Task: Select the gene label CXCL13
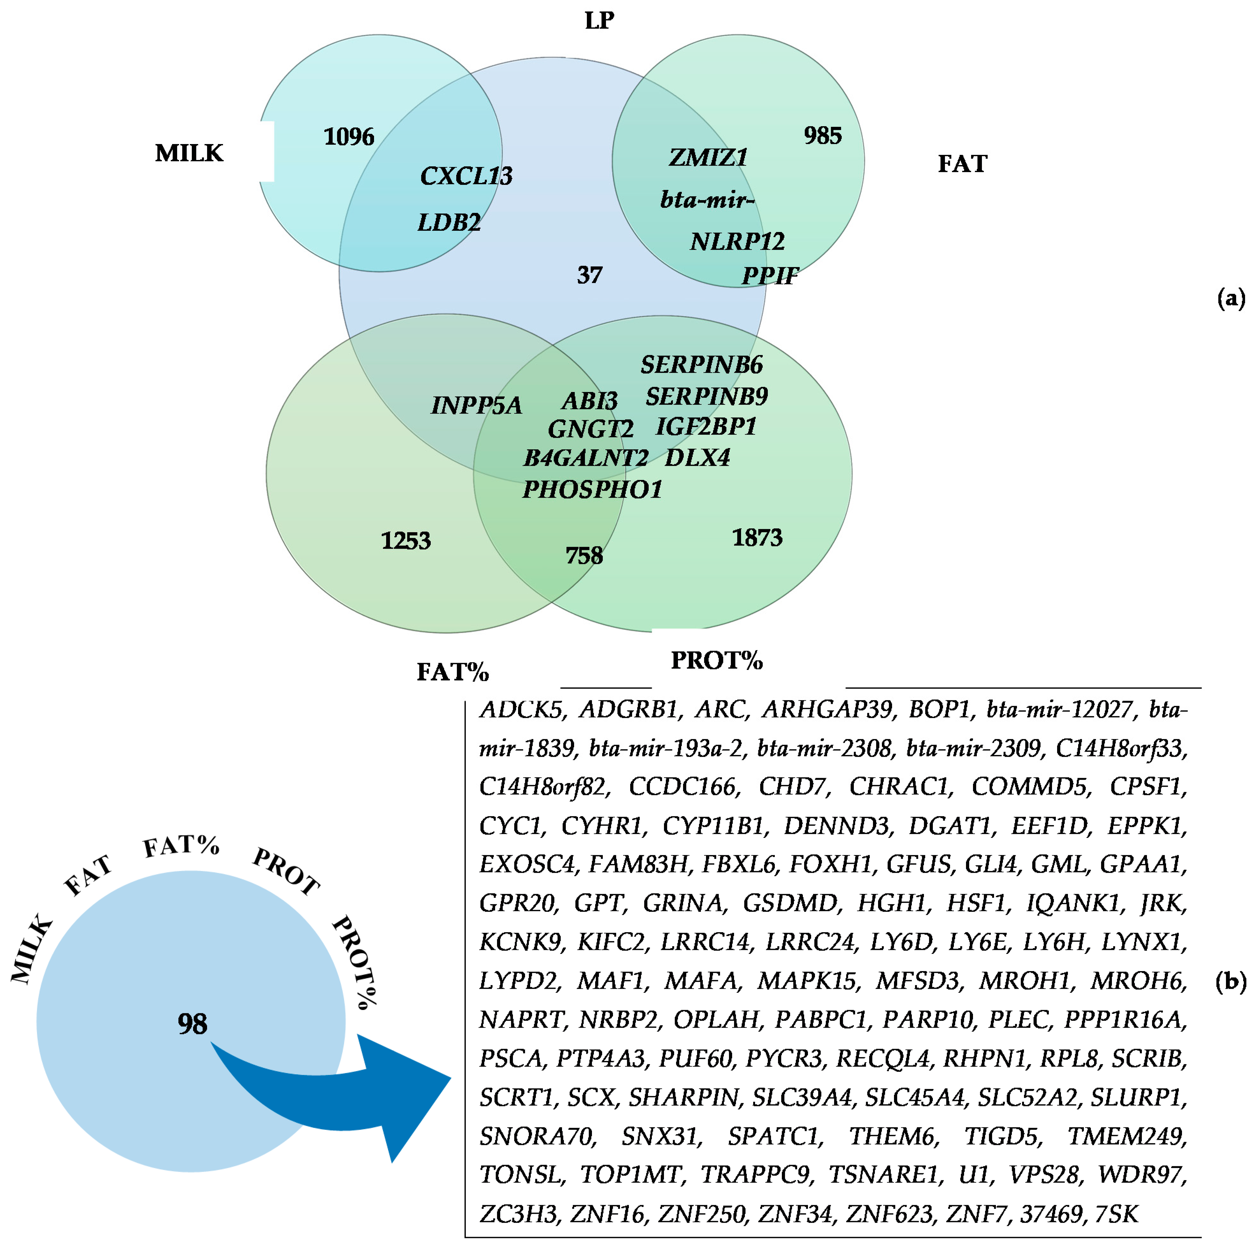[x=466, y=176]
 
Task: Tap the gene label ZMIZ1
[x=708, y=157]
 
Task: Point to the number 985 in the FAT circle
[x=822, y=136]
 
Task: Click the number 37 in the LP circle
[x=589, y=275]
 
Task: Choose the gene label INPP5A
[x=476, y=406]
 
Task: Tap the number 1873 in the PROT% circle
[x=757, y=538]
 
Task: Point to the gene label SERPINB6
[x=702, y=365]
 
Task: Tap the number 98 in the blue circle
[x=192, y=1025]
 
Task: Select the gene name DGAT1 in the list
[x=951, y=826]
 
